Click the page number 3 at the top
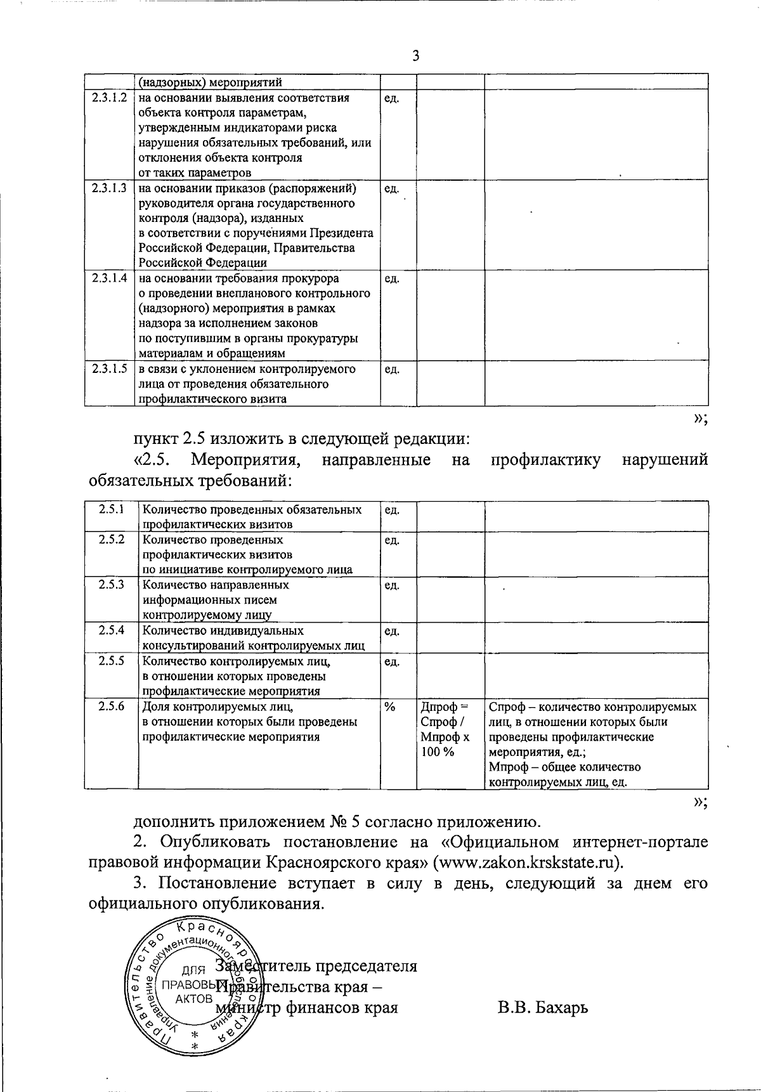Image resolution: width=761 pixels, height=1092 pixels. coord(416,56)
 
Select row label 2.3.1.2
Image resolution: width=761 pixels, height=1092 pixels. coord(109,98)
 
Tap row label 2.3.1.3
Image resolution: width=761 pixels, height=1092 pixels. coord(109,188)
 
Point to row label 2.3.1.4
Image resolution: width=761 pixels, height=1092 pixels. coord(109,278)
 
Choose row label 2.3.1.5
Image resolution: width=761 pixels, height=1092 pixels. coord(109,369)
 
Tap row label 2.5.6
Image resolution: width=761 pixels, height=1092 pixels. coord(111,706)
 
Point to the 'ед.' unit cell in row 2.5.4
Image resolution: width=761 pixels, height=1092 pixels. coord(392,631)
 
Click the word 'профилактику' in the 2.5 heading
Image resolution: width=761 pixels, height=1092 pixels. coord(546,460)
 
